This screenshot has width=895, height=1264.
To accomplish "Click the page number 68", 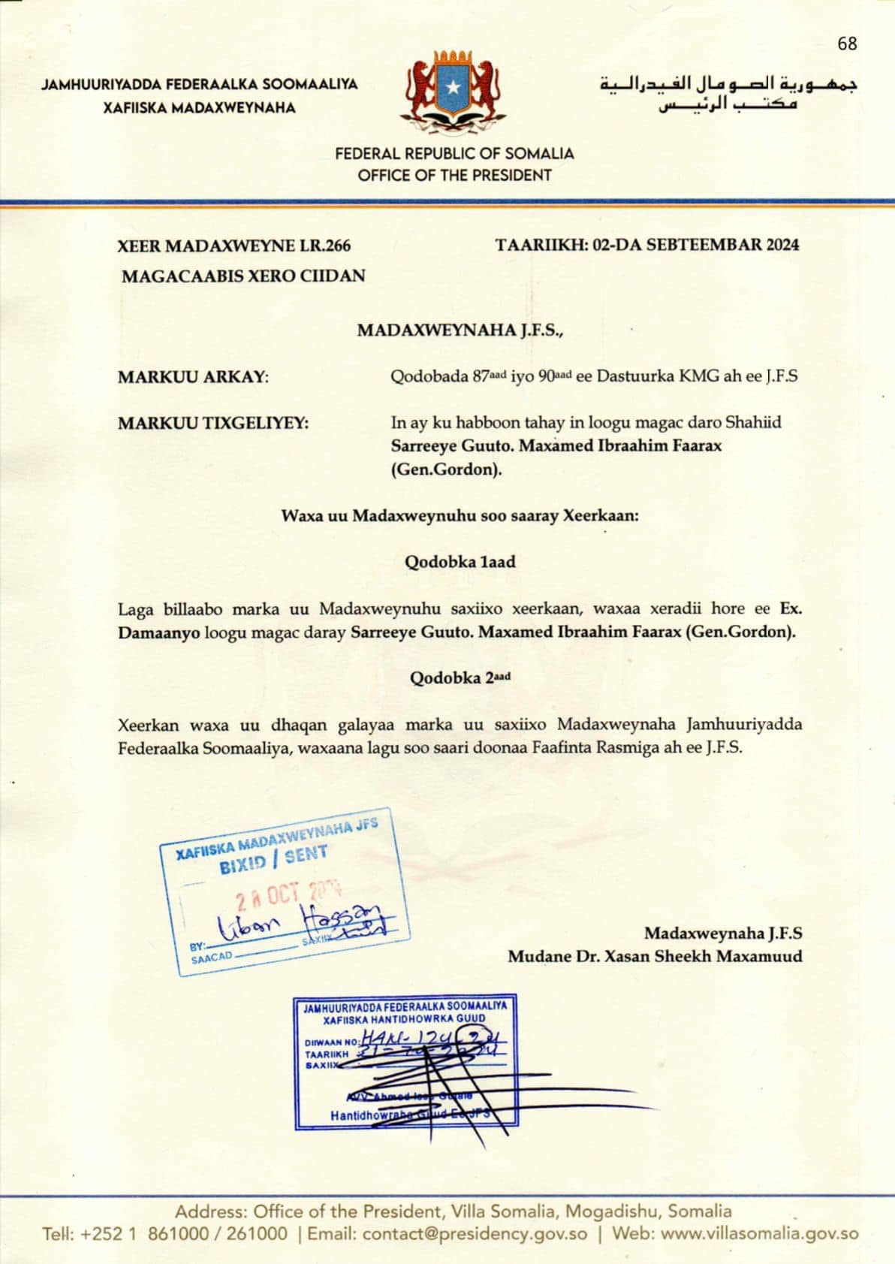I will [x=847, y=44].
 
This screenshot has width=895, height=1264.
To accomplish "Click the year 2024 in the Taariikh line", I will [x=782, y=244].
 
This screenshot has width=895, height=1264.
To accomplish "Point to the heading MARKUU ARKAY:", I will [x=193, y=377].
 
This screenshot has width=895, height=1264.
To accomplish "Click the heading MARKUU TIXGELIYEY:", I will [x=213, y=423].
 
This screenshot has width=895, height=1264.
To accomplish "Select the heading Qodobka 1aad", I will [x=460, y=562].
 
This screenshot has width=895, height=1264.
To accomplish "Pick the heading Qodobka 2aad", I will [x=460, y=678].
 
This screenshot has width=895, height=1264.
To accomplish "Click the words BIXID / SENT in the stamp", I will [x=273, y=860].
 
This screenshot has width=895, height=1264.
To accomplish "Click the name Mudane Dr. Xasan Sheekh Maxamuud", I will [x=655, y=956].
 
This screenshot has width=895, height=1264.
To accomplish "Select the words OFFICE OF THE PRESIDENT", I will [x=454, y=176].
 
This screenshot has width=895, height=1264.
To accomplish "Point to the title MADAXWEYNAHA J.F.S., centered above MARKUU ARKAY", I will [x=460, y=330].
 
